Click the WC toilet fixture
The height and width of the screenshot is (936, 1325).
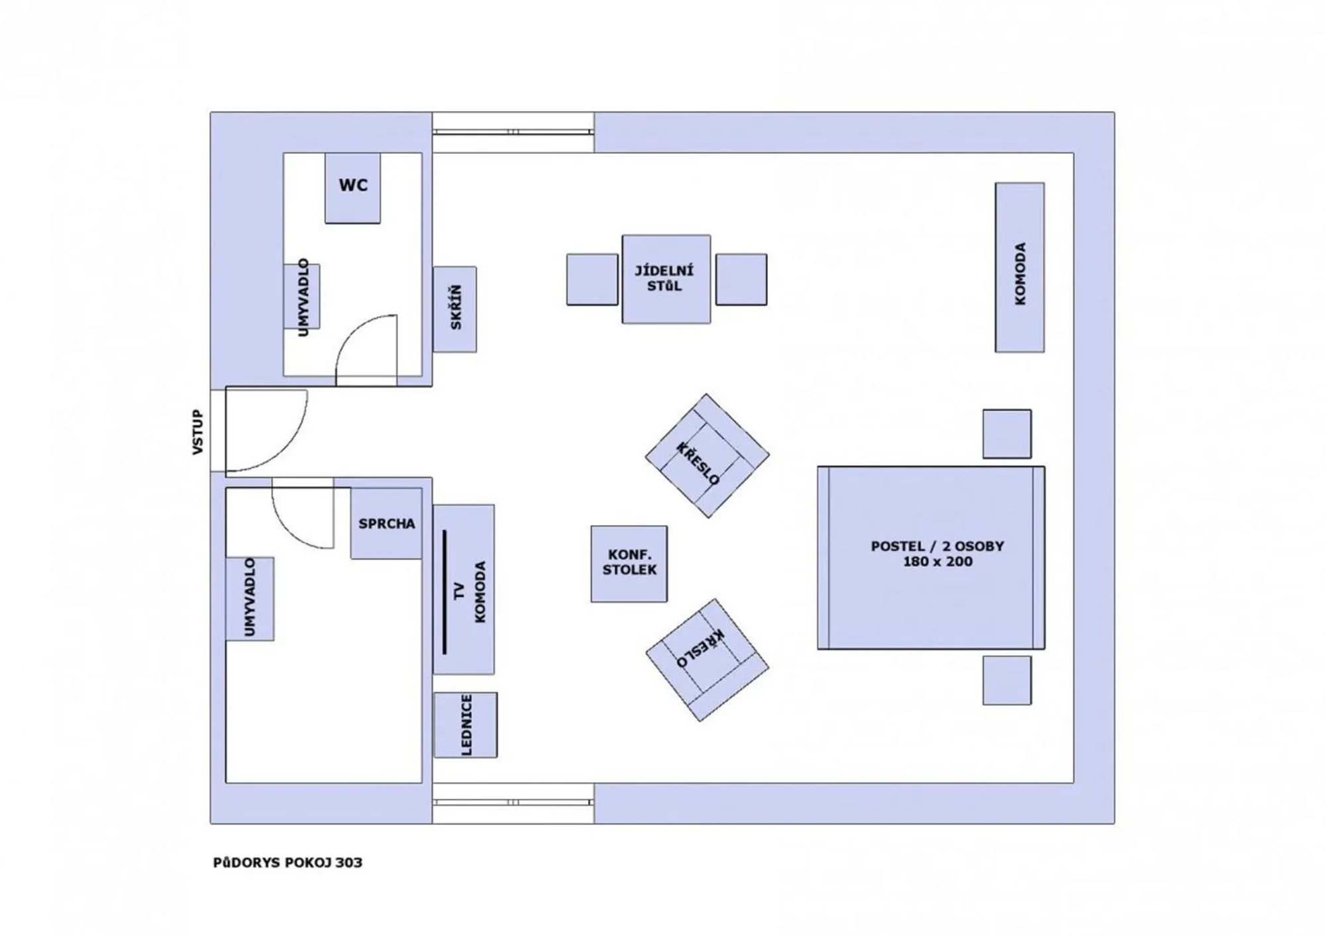(352, 187)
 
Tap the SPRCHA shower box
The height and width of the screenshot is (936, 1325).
(386, 523)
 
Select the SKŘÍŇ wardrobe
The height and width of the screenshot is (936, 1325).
(455, 309)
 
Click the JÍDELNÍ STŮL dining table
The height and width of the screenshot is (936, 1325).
(666, 279)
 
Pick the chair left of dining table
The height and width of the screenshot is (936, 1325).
(592, 280)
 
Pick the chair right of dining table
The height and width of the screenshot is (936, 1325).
(741, 280)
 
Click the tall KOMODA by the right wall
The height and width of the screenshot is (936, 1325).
(1020, 268)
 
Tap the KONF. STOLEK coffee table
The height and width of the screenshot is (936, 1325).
(629, 564)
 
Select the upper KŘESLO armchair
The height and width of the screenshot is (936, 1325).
(707, 456)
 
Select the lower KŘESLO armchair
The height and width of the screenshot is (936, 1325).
(707, 660)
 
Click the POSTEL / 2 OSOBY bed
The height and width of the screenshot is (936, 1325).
(931, 557)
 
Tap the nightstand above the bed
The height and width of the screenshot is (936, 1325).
(1006, 434)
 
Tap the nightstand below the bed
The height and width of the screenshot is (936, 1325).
(1006, 680)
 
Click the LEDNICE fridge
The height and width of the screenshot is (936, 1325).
(465, 725)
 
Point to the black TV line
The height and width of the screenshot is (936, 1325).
(444, 592)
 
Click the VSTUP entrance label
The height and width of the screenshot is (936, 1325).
(197, 432)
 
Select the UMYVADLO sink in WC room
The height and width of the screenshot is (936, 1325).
(303, 297)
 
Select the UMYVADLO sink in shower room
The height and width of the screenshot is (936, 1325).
(250, 598)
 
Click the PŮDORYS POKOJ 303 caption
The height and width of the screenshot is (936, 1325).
(288, 862)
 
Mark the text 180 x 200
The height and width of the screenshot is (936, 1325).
(937, 562)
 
